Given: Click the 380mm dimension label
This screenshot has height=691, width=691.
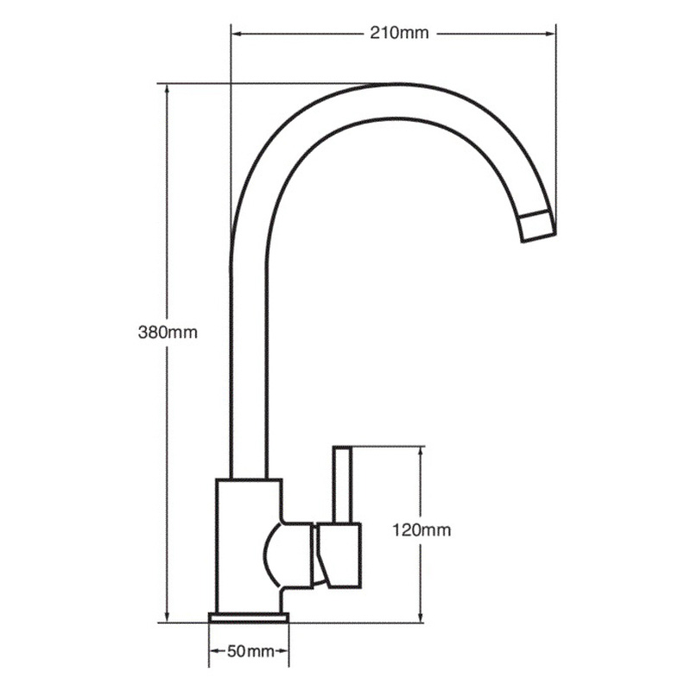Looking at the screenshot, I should tap(168, 333).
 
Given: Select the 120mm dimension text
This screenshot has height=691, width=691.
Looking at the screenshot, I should tap(421, 530).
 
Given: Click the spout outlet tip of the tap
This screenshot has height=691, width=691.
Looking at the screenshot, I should tap(538, 225).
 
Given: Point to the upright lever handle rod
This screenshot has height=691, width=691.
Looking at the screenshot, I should tap(343, 484).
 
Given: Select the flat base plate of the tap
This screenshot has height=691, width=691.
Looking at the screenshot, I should tap(249, 617).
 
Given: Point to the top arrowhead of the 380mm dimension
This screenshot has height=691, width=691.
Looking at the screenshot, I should tap(165, 88).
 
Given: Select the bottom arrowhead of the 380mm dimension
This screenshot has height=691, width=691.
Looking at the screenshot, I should tap(165, 616).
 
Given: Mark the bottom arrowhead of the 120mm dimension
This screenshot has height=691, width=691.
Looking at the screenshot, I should tap(421, 616).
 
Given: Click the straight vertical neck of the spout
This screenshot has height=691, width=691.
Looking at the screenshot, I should tap(248, 363).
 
